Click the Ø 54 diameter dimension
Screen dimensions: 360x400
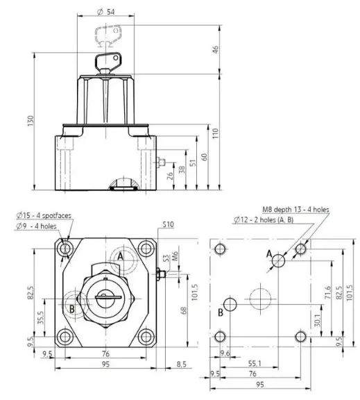coord(106,12)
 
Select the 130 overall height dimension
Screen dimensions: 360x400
coord(31,121)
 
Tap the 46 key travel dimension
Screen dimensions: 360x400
coord(216,49)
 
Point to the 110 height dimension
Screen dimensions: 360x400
coord(216,133)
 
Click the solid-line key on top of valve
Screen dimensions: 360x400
coord(108,63)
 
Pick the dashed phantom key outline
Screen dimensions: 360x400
coord(108,35)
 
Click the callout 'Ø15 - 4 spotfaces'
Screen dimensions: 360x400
coord(44,215)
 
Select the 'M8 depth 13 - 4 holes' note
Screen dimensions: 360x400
coord(295,210)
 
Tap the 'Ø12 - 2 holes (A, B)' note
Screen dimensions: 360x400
coord(264,219)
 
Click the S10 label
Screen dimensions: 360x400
coord(168,224)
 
